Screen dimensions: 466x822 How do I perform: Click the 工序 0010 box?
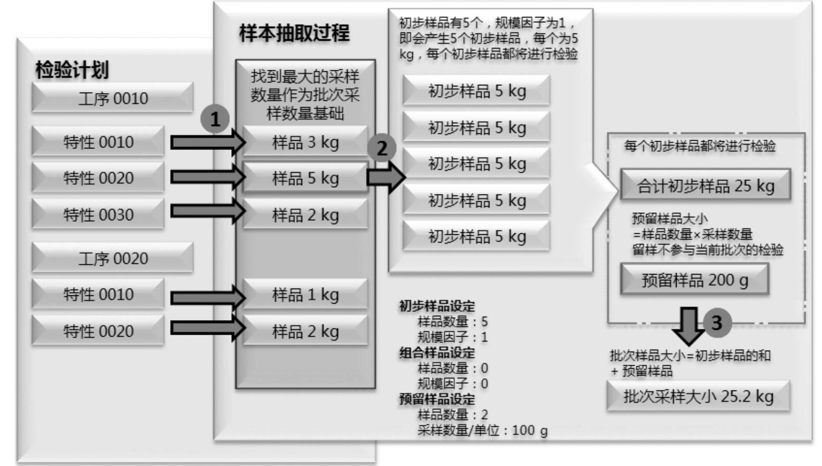coord(112,98)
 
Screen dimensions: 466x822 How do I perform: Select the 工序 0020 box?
coord(112,258)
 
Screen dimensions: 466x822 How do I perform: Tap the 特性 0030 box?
coord(98,214)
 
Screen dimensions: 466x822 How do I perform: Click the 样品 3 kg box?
coord(305,142)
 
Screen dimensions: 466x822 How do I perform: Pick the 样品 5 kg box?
coord(305,178)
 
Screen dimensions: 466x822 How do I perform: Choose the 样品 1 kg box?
coord(305,294)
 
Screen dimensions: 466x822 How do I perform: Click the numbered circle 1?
coord(215,119)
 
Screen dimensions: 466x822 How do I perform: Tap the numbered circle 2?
coord(382,148)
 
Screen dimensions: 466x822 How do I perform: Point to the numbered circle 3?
coord(716,322)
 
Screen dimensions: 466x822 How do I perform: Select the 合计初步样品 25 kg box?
coord(706,185)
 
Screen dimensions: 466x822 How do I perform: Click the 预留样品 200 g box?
coord(695,280)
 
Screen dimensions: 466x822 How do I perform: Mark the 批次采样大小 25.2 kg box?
coord(698,396)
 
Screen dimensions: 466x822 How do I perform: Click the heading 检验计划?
coord(72,70)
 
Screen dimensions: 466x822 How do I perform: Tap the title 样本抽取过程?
coord(294,33)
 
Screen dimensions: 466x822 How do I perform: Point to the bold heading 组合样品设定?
coord(437,353)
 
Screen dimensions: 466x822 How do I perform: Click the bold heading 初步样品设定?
coord(437,306)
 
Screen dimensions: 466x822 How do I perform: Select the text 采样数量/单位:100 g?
coord(482,430)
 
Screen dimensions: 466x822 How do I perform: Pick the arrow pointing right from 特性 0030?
coord(207,211)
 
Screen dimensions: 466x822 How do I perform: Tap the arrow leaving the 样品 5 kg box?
coord(386,177)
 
